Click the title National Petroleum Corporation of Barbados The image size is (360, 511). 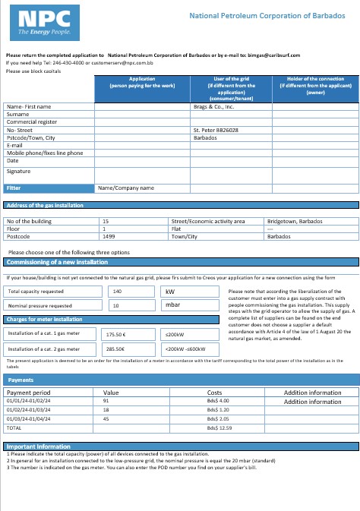point(270,15)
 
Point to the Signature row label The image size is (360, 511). point(18,171)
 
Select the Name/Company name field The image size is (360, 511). point(126,188)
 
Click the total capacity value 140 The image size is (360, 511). point(117,291)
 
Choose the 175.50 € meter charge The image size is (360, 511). point(115,333)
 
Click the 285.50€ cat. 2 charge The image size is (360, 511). point(115,349)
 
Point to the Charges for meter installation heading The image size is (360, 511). point(45,319)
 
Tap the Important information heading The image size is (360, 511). point(39,447)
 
